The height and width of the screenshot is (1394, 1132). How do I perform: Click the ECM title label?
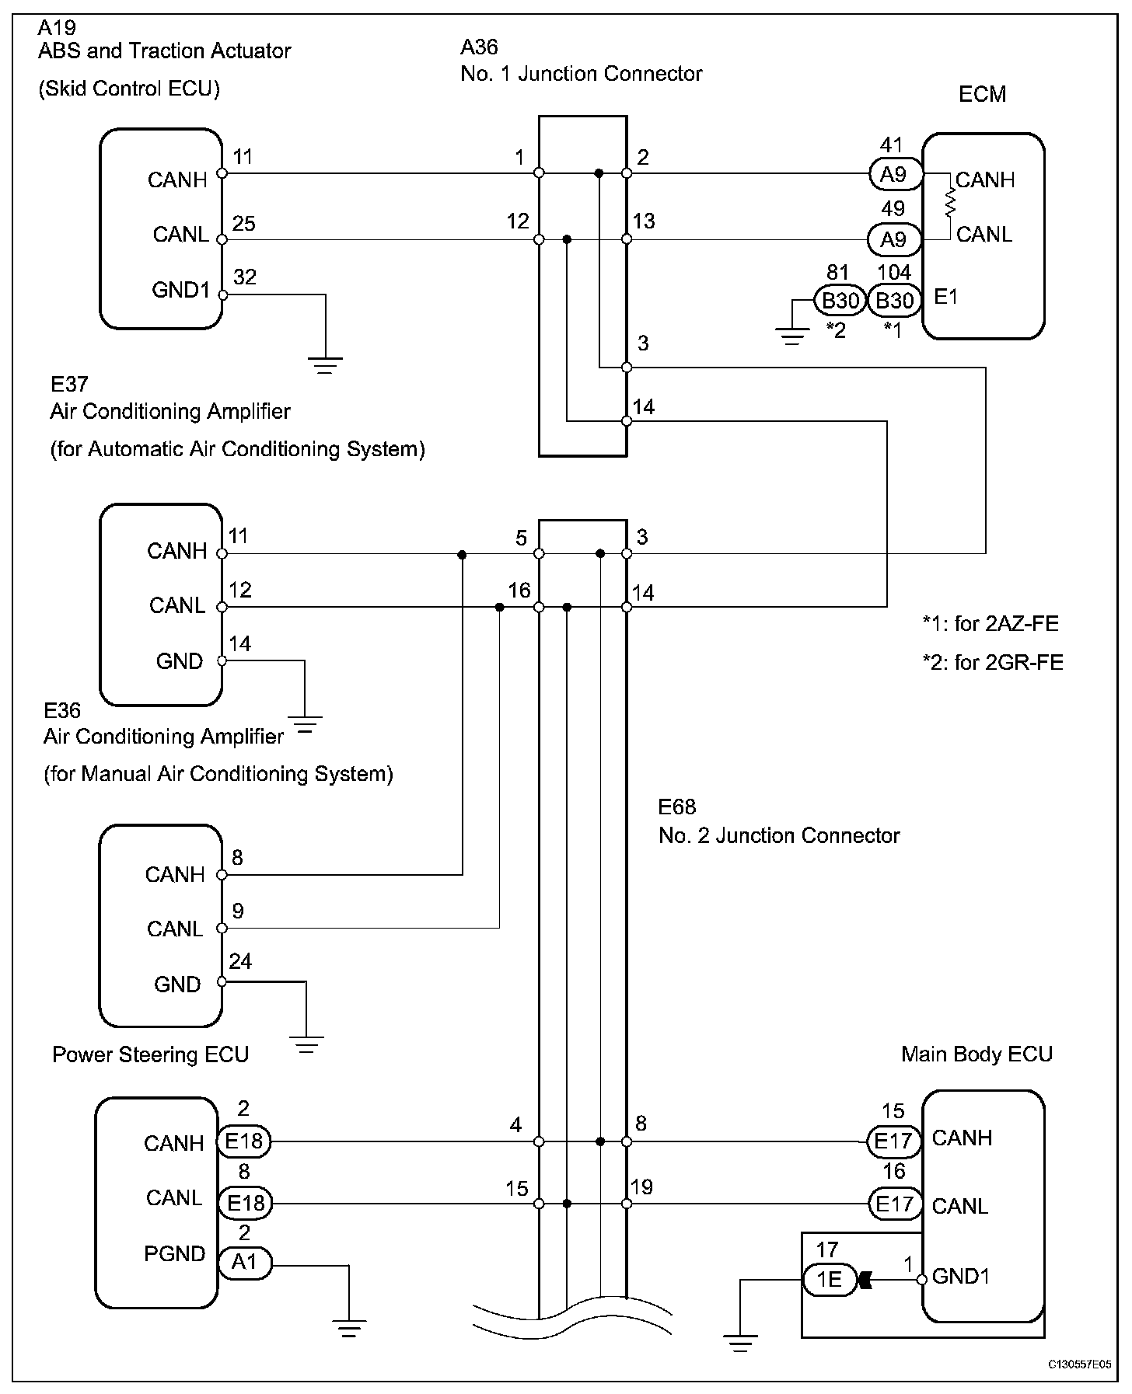[982, 94]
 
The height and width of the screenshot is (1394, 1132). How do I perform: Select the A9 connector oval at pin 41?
[894, 175]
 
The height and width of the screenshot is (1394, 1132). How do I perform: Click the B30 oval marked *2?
[840, 300]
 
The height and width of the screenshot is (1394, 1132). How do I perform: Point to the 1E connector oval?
[829, 1279]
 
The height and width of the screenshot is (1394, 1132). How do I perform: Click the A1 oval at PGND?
[244, 1263]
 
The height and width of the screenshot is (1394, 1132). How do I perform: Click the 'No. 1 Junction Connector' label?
[582, 74]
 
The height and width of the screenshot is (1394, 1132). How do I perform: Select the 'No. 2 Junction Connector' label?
[779, 835]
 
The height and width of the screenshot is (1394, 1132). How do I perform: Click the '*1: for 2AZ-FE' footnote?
[990, 623]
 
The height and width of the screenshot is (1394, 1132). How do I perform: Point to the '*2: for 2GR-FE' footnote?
[992, 662]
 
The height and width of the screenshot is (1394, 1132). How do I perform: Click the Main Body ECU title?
[977, 1054]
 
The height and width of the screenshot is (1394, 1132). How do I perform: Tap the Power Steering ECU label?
[150, 1054]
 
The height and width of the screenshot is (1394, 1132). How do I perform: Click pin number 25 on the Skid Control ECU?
[244, 224]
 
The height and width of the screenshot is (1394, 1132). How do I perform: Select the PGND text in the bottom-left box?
[174, 1253]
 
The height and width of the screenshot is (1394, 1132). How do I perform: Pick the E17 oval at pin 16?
[894, 1204]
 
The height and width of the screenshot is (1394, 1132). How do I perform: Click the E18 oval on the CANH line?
[244, 1142]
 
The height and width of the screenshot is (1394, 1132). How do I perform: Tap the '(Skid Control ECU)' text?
[129, 89]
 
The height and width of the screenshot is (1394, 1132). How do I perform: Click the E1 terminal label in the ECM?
[945, 298]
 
